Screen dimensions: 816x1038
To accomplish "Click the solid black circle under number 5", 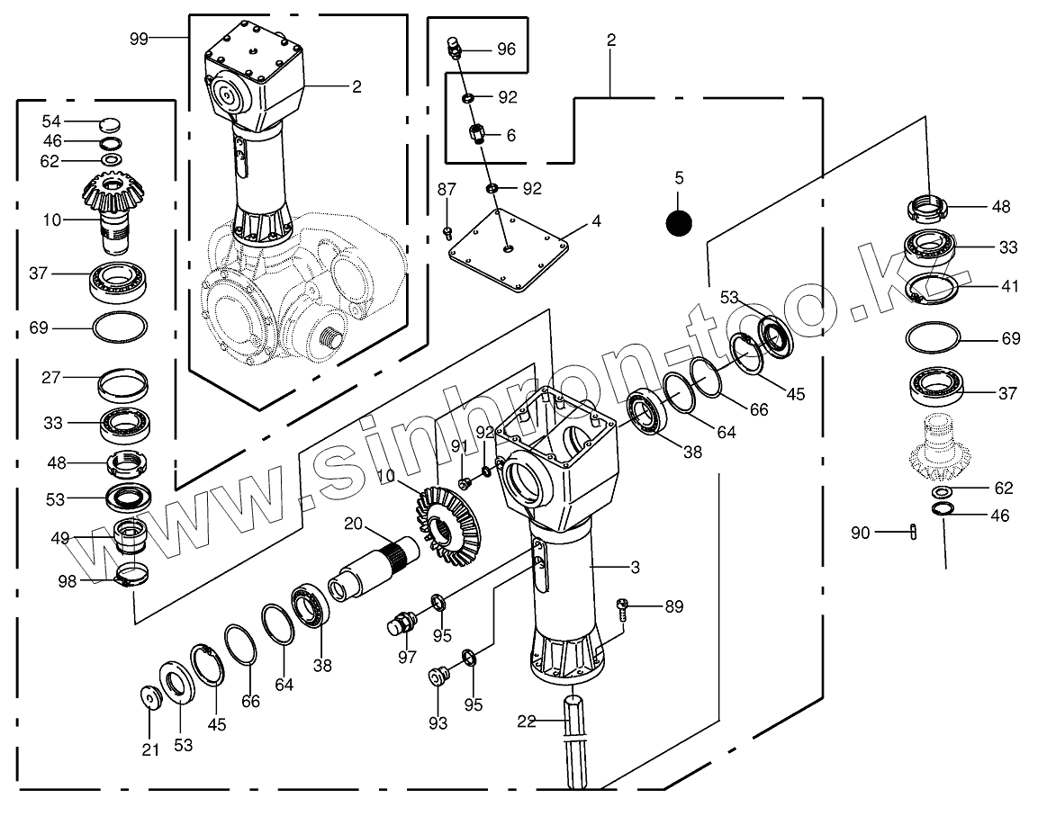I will (679, 221).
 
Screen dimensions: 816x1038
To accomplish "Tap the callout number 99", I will (139, 38).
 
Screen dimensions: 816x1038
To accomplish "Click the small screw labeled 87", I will (447, 233).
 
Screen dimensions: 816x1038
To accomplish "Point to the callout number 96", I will (507, 49).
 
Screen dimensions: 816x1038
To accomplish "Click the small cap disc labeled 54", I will (109, 123).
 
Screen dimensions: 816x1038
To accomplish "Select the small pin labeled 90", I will (914, 532).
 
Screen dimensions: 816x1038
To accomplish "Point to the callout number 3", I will (635, 567).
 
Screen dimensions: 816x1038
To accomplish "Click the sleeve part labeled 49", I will (131, 537).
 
